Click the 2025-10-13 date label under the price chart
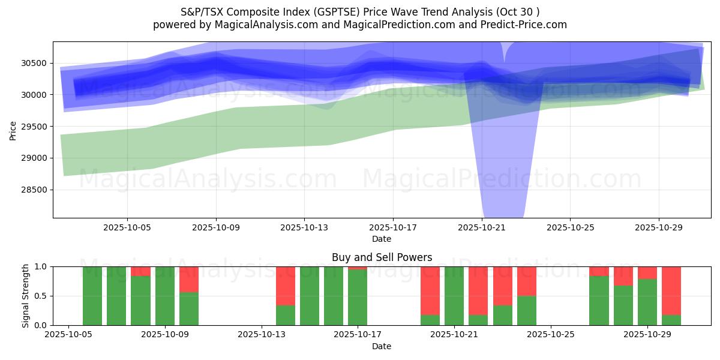pyautogui.click(x=304, y=228)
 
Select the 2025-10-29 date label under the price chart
pyautogui.click(x=659, y=228)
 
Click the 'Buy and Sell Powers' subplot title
pyautogui.click(x=382, y=258)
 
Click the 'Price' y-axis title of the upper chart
pyautogui.click(x=14, y=130)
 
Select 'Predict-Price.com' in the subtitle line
pyautogui.click(x=526, y=25)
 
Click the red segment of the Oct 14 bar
pyautogui.click(x=286, y=286)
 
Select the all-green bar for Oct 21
pyautogui.click(x=454, y=296)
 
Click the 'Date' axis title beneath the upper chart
pyautogui.click(x=382, y=239)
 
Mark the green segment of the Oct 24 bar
pyautogui.click(x=527, y=310)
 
